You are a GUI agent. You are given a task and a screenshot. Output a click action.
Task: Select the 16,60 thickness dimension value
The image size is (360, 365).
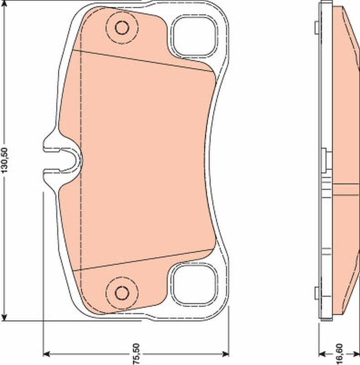click(x=339, y=353)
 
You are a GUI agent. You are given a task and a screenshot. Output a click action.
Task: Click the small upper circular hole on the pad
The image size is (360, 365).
click(x=122, y=28)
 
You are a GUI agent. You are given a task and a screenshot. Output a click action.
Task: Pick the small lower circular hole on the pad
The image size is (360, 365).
click(x=122, y=292)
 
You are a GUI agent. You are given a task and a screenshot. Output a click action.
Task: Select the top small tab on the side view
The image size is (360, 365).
click(x=317, y=28)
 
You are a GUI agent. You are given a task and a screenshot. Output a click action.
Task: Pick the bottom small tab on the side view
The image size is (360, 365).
click(x=317, y=293)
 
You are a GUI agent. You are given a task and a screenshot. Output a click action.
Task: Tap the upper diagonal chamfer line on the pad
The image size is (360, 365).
click(x=146, y=60)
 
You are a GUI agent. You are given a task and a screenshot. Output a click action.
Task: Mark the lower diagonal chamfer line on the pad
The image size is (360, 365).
click(x=146, y=260)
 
